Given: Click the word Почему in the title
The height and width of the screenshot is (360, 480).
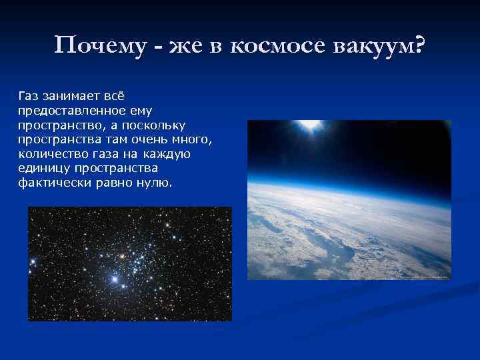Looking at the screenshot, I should pyautogui.click(x=95, y=46).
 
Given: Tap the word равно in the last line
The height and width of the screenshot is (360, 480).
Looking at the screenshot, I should pyautogui.click(x=114, y=181).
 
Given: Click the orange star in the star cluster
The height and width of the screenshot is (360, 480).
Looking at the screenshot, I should pyautogui.click(x=122, y=255).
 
